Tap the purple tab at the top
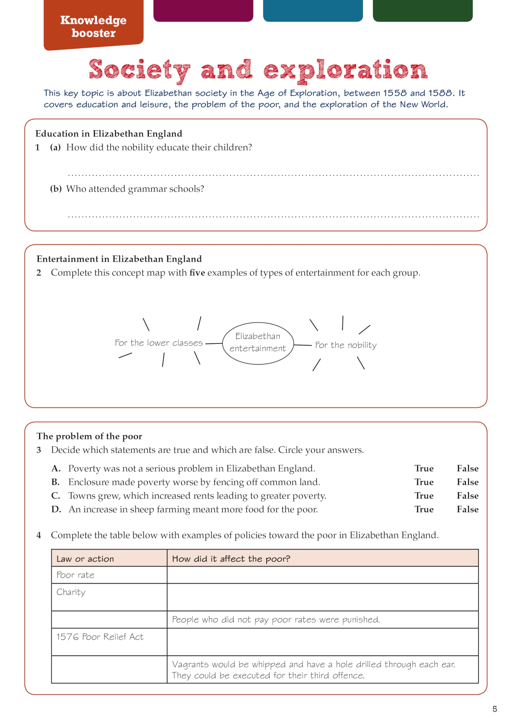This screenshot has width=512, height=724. tap(203, 10)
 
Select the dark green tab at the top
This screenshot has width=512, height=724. tap(422, 10)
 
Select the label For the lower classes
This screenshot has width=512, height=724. tap(159, 343)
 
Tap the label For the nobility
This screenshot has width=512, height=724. tap(346, 345)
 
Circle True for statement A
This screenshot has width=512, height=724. tap(424, 468)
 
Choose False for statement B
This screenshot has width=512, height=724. tap(467, 482)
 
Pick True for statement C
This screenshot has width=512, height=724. tap(424, 495)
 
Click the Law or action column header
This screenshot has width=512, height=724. tap(85, 559)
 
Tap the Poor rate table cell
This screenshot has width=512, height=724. tap(76, 575)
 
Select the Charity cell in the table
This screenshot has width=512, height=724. tap(71, 592)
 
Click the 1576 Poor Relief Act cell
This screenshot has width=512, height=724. tap(100, 637)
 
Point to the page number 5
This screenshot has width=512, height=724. tap(495, 709)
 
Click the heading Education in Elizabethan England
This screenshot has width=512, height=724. tap(109, 134)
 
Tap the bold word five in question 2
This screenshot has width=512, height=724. tap(197, 272)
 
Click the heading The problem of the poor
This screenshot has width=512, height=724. tap(89, 436)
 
